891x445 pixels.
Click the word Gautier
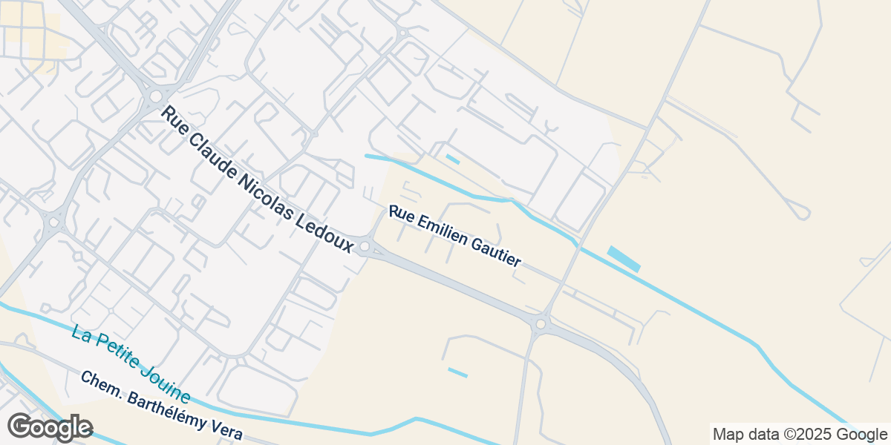point(500,252)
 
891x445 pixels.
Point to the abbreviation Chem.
point(100,383)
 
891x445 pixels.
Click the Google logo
point(50,428)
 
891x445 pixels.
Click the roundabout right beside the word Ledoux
point(365,246)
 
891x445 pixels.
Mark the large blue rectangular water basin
point(624,259)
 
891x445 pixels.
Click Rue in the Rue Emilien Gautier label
point(400,214)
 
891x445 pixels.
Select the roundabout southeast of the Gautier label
point(541,324)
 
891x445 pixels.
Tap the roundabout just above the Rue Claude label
point(156,96)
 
